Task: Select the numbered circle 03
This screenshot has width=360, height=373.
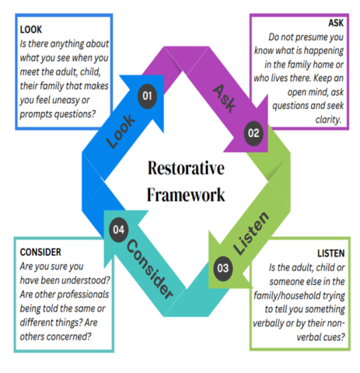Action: pos(223,268)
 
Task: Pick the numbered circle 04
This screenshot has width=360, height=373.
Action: pos(117,230)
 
